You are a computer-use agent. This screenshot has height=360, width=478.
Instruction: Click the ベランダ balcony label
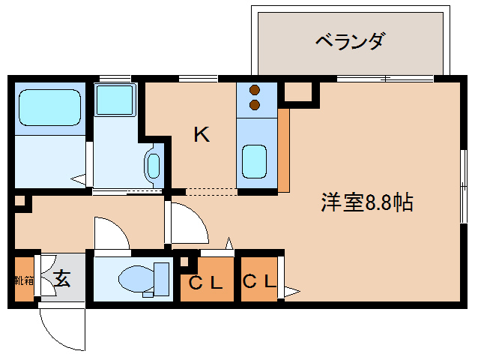[349, 40]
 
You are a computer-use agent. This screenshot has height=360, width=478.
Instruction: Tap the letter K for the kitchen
[202, 135]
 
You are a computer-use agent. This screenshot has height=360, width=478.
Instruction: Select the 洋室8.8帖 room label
[367, 203]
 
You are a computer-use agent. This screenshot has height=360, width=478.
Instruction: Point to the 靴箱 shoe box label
[23, 280]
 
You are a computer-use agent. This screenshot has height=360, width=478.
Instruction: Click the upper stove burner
[255, 89]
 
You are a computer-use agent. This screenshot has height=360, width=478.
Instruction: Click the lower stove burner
[255, 104]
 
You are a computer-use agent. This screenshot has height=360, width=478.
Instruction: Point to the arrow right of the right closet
[291, 290]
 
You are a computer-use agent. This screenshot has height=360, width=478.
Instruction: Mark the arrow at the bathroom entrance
[78, 178]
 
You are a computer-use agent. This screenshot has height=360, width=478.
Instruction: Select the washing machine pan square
[115, 98]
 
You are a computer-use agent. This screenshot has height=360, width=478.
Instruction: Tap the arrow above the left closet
[229, 243]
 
